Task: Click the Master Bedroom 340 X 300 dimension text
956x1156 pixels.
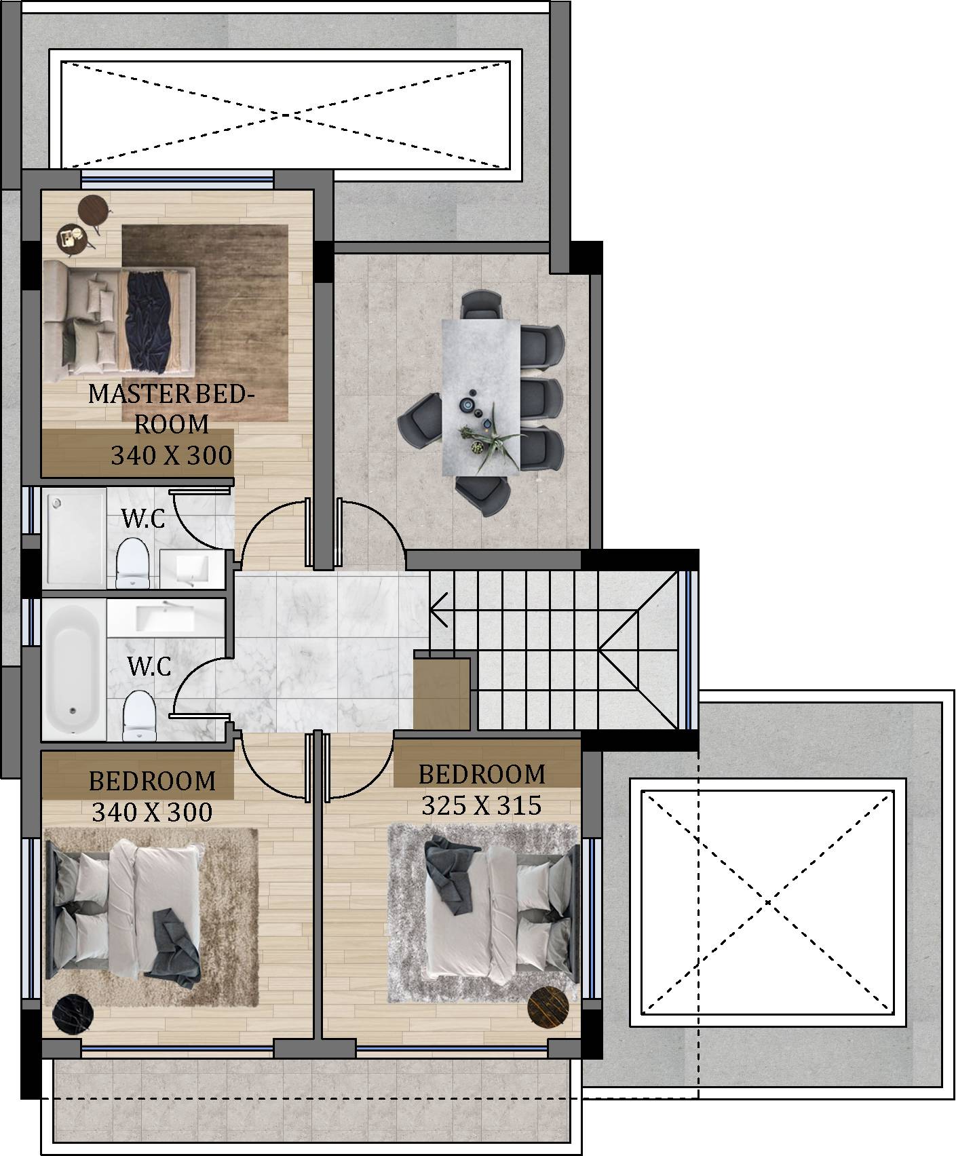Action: coord(172,455)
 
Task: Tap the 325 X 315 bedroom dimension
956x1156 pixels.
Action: coord(482,805)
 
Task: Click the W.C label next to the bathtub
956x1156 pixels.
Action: coord(150,667)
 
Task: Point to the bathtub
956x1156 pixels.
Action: coord(74,669)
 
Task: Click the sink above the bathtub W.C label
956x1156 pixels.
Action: coord(166,617)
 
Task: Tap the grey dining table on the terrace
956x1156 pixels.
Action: coord(484,398)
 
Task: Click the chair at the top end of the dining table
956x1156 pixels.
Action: coord(481,305)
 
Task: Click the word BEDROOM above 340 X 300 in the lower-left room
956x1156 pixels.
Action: coord(153,782)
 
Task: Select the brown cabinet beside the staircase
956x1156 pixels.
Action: coord(442,692)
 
